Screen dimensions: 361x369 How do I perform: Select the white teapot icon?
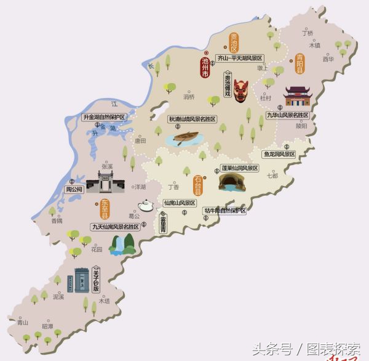click(x=146, y=206)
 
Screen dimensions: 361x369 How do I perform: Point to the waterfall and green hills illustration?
click(x=122, y=244)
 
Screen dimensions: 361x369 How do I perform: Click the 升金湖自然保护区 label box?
click(x=104, y=116)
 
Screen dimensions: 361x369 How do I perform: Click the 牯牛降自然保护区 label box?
click(x=225, y=211)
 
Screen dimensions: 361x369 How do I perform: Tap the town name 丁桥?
click(x=307, y=33)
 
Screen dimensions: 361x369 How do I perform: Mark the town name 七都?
click(x=272, y=176)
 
